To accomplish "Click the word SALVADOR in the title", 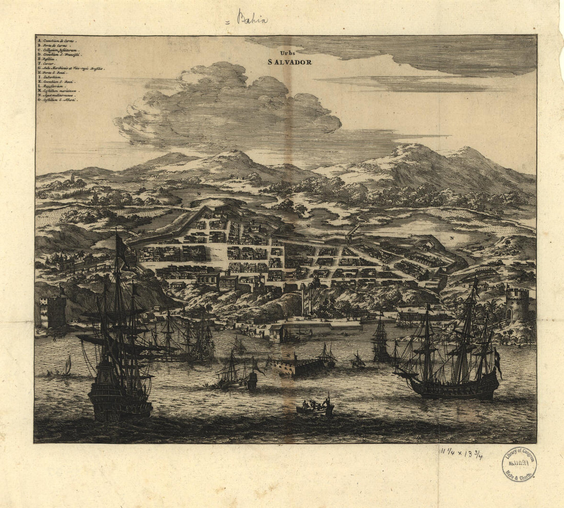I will (x=289, y=62).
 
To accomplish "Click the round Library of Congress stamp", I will (x=519, y=464).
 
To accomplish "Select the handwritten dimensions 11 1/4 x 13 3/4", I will (x=461, y=453).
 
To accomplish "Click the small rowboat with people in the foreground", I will (x=315, y=407).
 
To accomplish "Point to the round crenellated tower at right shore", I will (x=517, y=303).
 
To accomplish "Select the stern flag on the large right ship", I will (x=498, y=361).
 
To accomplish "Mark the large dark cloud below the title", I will (x=226, y=108).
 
